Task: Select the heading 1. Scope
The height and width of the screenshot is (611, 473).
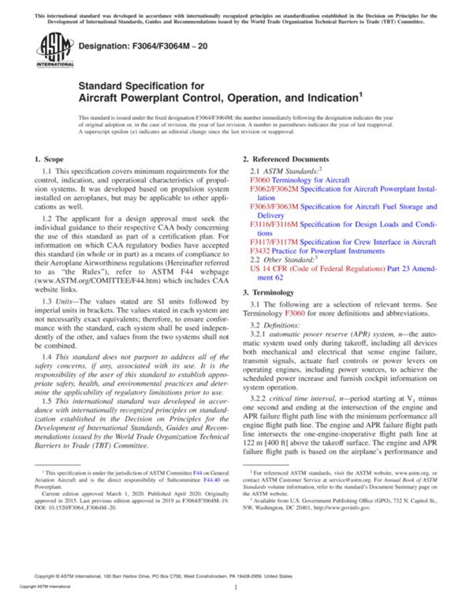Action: click(x=52, y=158)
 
